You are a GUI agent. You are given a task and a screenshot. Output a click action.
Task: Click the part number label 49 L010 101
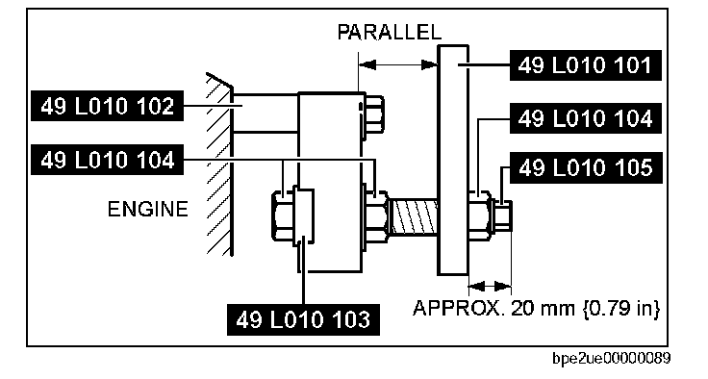pos(585,65)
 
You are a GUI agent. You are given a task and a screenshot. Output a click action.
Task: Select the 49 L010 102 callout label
pos(107,106)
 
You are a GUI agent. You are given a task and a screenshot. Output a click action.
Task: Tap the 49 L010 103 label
pos(303,319)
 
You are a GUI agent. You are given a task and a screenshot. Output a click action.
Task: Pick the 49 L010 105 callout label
pos(586,167)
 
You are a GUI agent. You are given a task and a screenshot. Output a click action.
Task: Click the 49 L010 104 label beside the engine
pos(107,160)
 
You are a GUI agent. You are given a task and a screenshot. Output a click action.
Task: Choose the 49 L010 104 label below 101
pos(585,118)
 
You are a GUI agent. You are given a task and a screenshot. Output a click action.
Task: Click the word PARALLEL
pos(390,32)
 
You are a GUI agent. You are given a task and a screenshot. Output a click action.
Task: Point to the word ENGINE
pos(147,209)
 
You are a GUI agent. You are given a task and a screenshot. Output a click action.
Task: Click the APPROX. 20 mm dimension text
pos(537,308)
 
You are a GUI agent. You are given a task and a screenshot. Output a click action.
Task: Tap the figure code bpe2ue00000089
pos(612,359)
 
